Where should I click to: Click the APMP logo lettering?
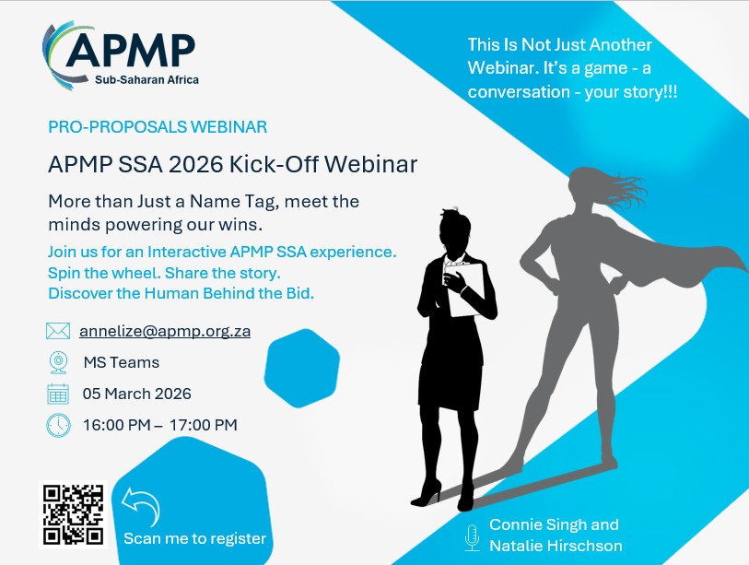tap(131, 50)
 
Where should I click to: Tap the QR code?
tap(73, 514)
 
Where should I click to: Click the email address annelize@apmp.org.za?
tap(165, 331)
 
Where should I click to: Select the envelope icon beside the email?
tap(58, 331)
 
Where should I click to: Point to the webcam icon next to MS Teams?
tap(58, 362)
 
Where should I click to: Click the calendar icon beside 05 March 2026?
tap(58, 394)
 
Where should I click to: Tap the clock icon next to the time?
tap(58, 425)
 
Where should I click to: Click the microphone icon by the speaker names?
tap(472, 537)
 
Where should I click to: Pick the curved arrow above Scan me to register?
tap(142, 506)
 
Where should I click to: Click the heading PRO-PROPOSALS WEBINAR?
tap(158, 127)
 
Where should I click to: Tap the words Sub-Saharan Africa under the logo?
tap(146, 80)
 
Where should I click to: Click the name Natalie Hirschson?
tap(556, 546)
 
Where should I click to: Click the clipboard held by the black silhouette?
tap(466, 289)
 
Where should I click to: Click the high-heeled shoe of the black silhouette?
tap(427, 495)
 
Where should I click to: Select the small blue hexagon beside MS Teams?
tap(302, 368)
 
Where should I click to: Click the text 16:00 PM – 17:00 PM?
tap(160, 425)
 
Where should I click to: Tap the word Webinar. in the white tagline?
tap(503, 68)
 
